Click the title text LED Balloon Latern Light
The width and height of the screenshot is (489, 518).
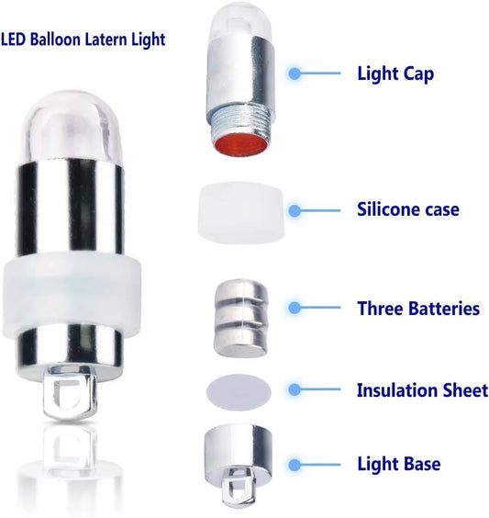83,39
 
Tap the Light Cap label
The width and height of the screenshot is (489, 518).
395,73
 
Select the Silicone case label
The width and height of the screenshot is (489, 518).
408,209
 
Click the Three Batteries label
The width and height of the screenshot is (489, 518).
418,309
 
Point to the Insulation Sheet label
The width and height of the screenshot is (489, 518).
422,389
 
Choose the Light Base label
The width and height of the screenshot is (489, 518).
399,464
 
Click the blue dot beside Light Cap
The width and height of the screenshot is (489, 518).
295,73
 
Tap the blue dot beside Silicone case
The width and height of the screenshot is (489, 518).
295,210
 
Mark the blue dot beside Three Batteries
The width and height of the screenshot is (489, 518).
295,308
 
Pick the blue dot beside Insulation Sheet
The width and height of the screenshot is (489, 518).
295,389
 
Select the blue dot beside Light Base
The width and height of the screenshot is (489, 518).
295,465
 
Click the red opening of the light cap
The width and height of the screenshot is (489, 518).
241,143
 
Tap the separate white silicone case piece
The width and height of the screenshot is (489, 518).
241,213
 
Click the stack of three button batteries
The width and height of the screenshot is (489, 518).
241,318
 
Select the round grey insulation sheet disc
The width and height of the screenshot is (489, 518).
239,392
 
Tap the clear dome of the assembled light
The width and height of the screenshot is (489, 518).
72,128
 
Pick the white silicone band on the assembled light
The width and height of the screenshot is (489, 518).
72,295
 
